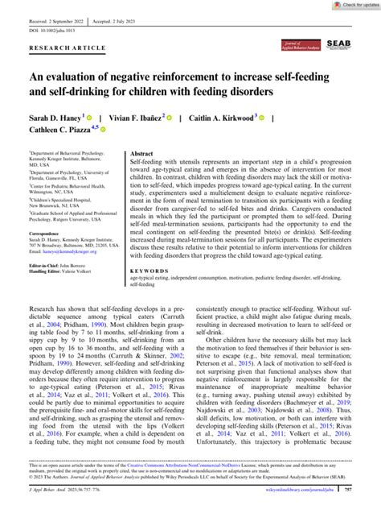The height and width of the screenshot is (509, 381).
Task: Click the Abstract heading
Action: pos(141,152)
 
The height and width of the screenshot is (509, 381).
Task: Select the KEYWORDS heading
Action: pos(150,250)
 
